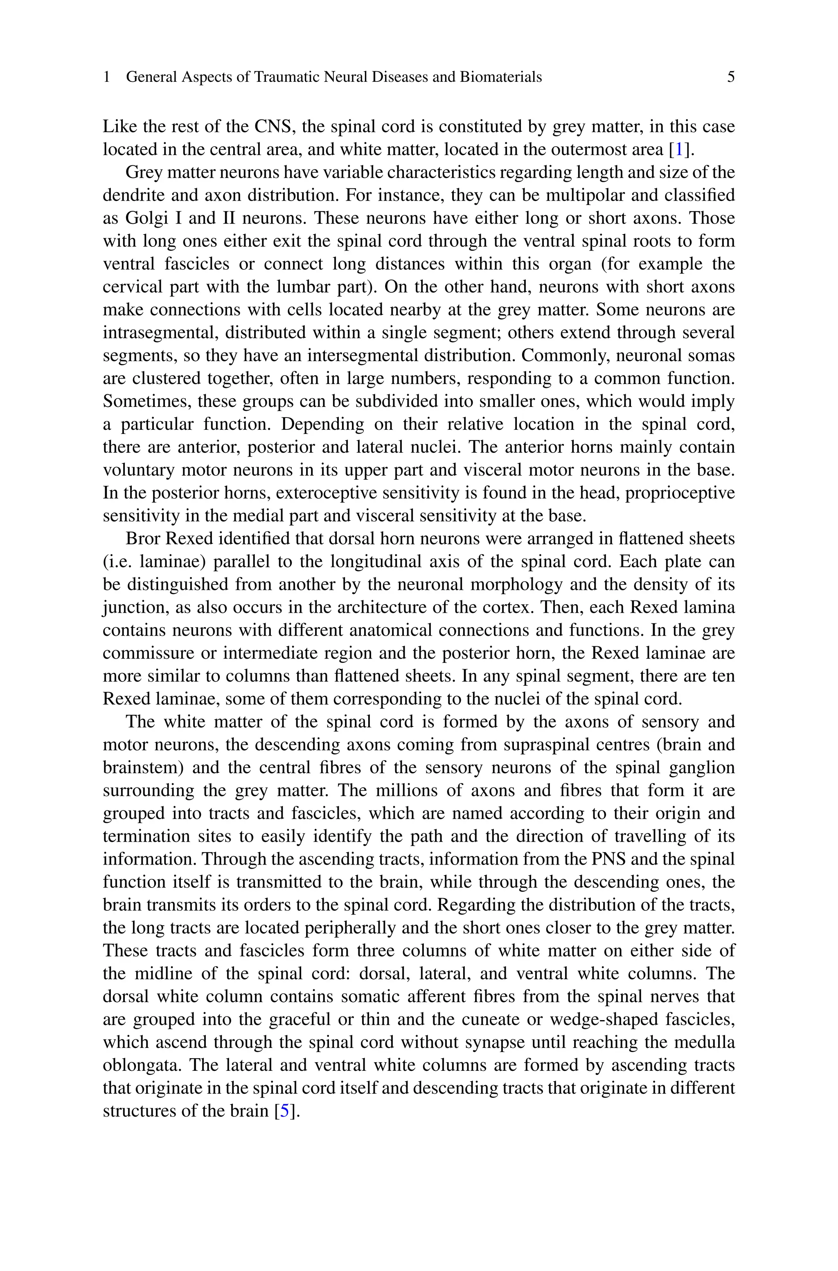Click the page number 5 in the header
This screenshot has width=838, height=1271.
point(730,77)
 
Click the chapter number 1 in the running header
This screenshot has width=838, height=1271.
point(106,77)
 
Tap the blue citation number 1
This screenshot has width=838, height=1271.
point(679,150)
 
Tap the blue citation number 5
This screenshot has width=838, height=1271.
point(284,1111)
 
